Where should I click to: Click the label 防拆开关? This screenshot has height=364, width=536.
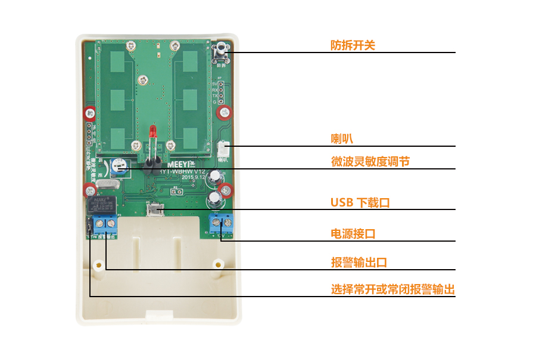coord(353,45)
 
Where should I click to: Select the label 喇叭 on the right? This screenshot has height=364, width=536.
coord(342,138)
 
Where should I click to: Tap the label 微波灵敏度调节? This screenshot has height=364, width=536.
coord(370,161)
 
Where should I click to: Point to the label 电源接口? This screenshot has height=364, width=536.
coord(353,233)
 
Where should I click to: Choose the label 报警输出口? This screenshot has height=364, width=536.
coord(359,263)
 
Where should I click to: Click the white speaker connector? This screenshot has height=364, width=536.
coord(224,149)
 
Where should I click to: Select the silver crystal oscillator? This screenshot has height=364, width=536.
coord(108,185)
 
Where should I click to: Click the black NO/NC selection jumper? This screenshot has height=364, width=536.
coord(90,226)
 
